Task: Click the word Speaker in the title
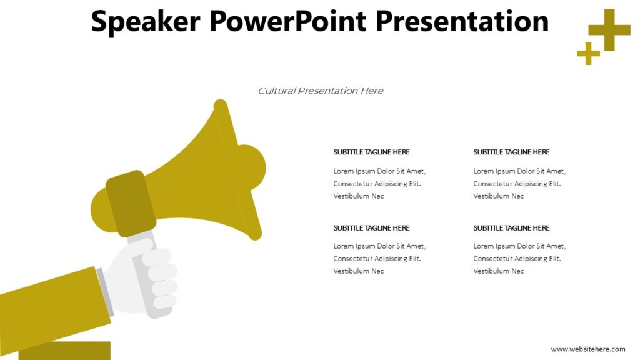pyautogui.click(x=146, y=21)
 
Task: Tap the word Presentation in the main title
pyautogui.click(x=462, y=21)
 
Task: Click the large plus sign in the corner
pyautogui.click(x=609, y=29)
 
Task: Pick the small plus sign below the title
pyautogui.click(x=588, y=54)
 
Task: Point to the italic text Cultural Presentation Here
pyautogui.click(x=321, y=91)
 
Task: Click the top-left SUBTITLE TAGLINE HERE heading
pyautogui.click(x=371, y=152)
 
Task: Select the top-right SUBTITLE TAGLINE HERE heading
pyautogui.click(x=511, y=152)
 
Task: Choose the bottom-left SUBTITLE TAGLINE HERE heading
pyautogui.click(x=371, y=228)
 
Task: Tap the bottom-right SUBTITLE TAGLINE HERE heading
pyautogui.click(x=511, y=228)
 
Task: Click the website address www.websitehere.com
pyautogui.click(x=587, y=349)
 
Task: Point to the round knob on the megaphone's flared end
pyautogui.click(x=251, y=167)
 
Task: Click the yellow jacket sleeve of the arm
pyautogui.click(x=50, y=306)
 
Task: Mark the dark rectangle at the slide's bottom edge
pyautogui.click(x=64, y=351)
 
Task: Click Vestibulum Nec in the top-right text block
pyautogui.click(x=499, y=196)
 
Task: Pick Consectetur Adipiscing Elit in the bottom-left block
pyautogui.click(x=377, y=259)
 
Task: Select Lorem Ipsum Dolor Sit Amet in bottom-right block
pyautogui.click(x=519, y=246)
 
